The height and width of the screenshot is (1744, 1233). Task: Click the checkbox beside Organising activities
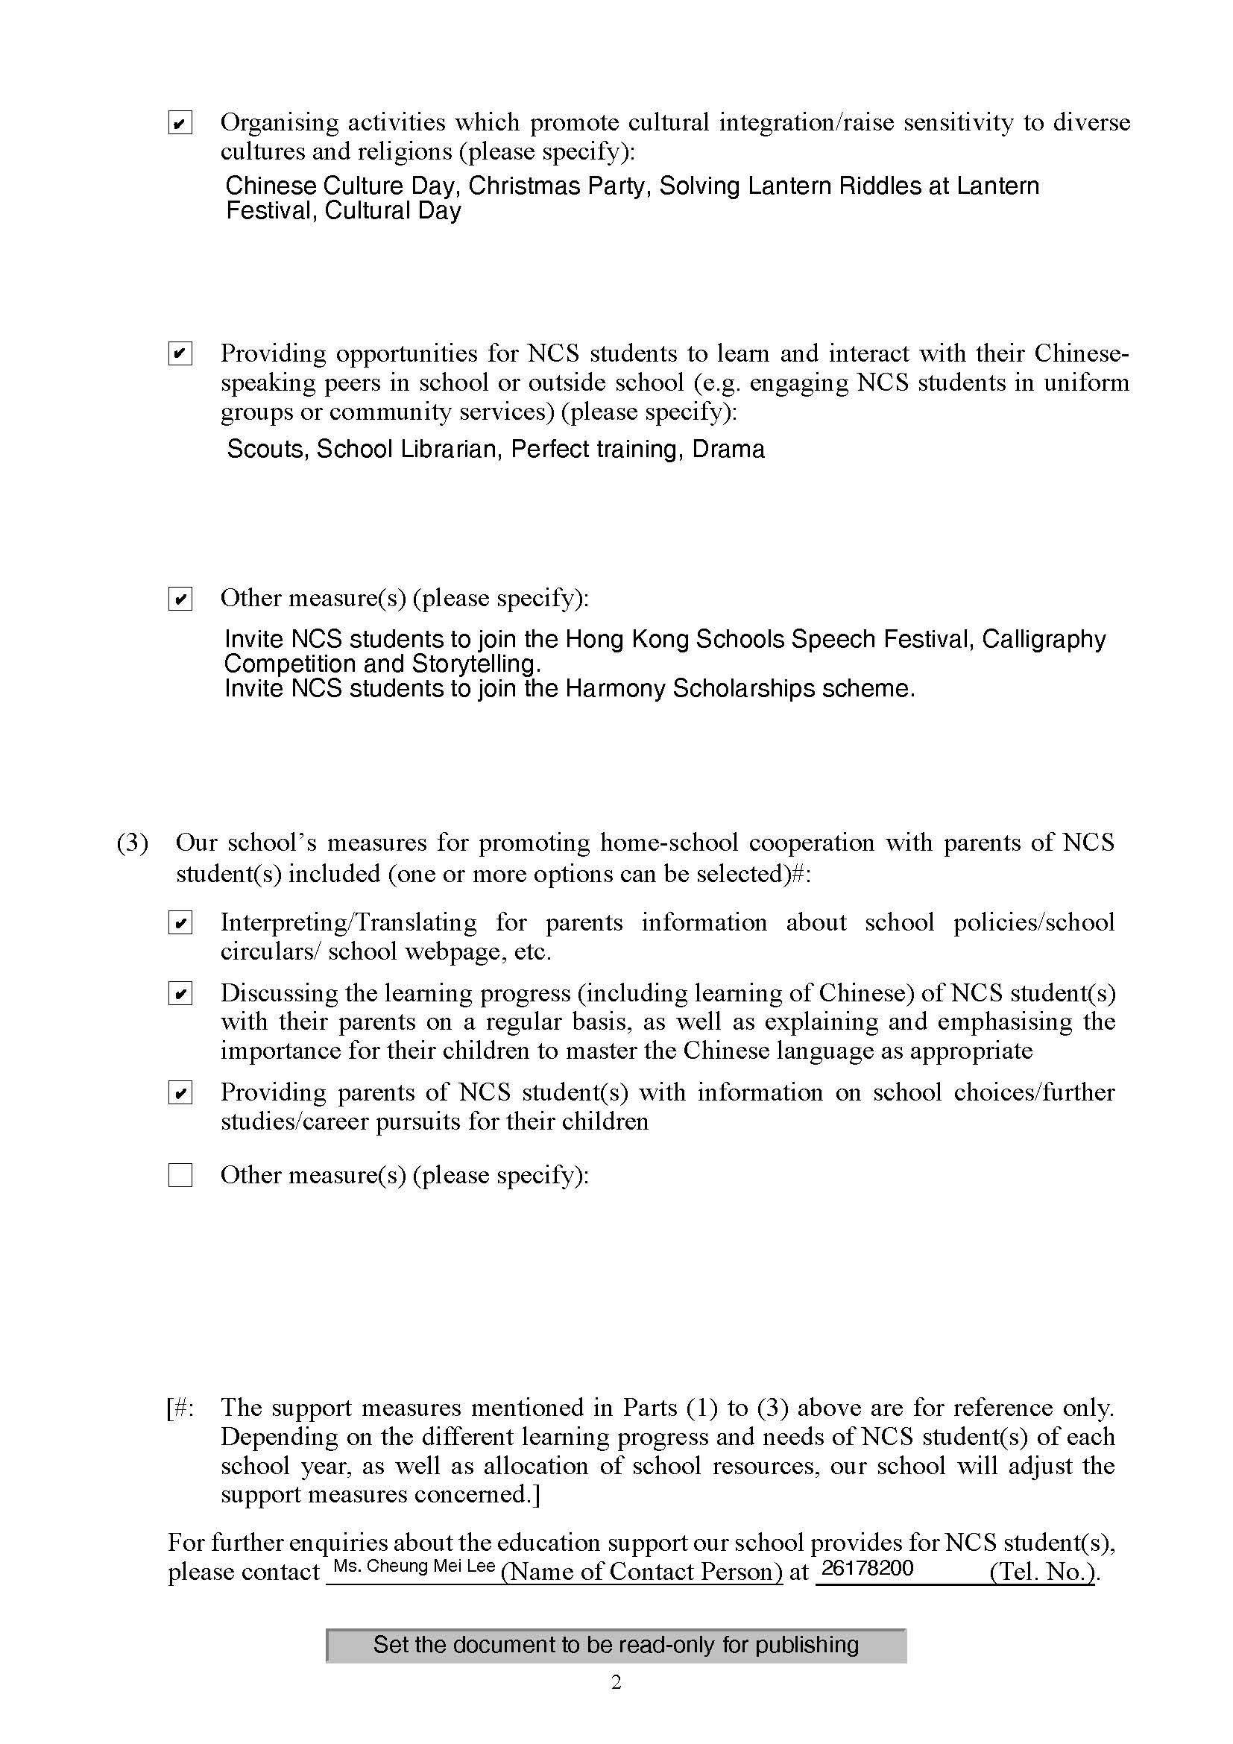180,123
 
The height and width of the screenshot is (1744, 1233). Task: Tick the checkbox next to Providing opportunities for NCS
180,354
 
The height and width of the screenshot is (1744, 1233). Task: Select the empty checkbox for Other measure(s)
180,1175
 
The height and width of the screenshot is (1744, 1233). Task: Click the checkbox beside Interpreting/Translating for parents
180,923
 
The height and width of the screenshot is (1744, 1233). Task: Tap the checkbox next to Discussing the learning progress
180,993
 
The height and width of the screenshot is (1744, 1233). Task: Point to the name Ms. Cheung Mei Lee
414,1567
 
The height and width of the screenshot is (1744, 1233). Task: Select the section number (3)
132,843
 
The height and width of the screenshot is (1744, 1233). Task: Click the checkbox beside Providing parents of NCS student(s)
180,1093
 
